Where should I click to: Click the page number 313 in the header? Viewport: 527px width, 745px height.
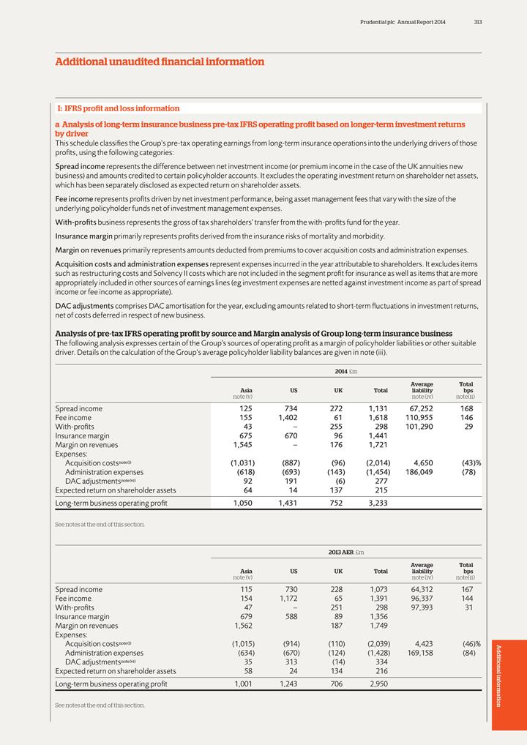[477, 22]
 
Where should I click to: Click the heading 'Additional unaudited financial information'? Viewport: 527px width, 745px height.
[160, 62]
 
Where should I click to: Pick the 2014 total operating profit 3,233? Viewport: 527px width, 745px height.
[375, 503]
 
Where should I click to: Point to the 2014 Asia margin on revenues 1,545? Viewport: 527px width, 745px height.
[239, 444]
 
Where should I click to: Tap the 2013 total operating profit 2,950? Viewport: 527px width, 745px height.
[375, 684]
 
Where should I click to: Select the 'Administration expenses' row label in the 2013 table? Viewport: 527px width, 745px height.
[104, 653]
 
